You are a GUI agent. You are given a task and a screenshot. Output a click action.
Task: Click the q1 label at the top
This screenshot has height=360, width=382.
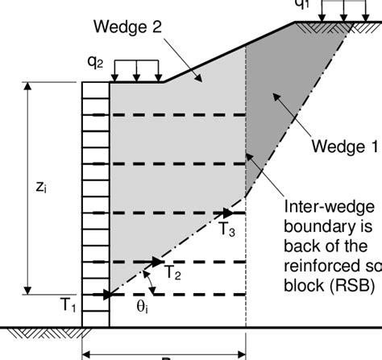324,4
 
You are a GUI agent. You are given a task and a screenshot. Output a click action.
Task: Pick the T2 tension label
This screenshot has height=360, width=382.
172,273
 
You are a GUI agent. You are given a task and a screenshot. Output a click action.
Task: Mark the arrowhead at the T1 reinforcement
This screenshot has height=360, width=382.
105,295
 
